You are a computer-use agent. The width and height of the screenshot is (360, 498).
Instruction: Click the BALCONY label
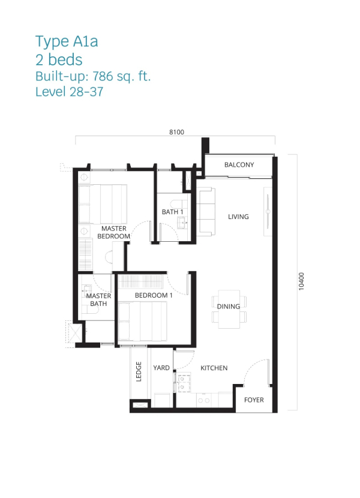(239, 165)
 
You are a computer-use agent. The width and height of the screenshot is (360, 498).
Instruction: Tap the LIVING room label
(238, 217)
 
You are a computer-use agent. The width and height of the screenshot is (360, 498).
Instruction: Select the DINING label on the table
(228, 307)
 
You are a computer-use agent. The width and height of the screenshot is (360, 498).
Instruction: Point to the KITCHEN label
(214, 368)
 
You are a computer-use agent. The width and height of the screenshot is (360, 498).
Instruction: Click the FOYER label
(254, 400)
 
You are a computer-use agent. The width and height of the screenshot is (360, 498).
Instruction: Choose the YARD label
(161, 368)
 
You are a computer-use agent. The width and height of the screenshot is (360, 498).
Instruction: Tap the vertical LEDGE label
(139, 371)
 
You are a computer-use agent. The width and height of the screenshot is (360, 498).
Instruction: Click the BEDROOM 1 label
(154, 295)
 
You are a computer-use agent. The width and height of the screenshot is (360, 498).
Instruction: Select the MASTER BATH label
(98, 300)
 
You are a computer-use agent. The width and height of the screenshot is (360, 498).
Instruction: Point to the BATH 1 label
(173, 212)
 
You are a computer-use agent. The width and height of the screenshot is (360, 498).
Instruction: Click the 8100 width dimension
(176, 132)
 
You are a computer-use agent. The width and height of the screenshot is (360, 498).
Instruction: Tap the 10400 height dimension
(301, 281)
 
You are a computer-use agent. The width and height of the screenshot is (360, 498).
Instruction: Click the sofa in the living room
(206, 212)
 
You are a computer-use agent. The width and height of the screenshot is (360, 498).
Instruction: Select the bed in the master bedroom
(103, 204)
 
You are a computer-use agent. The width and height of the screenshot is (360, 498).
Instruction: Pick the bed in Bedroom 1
(142, 322)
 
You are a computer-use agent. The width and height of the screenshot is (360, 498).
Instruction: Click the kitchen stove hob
(184, 383)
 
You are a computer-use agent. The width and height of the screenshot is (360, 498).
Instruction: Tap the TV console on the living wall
(268, 212)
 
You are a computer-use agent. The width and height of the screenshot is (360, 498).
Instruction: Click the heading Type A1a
(67, 41)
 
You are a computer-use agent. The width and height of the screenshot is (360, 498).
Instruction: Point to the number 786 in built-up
(103, 76)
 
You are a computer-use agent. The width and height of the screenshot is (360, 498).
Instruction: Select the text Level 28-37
(69, 92)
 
